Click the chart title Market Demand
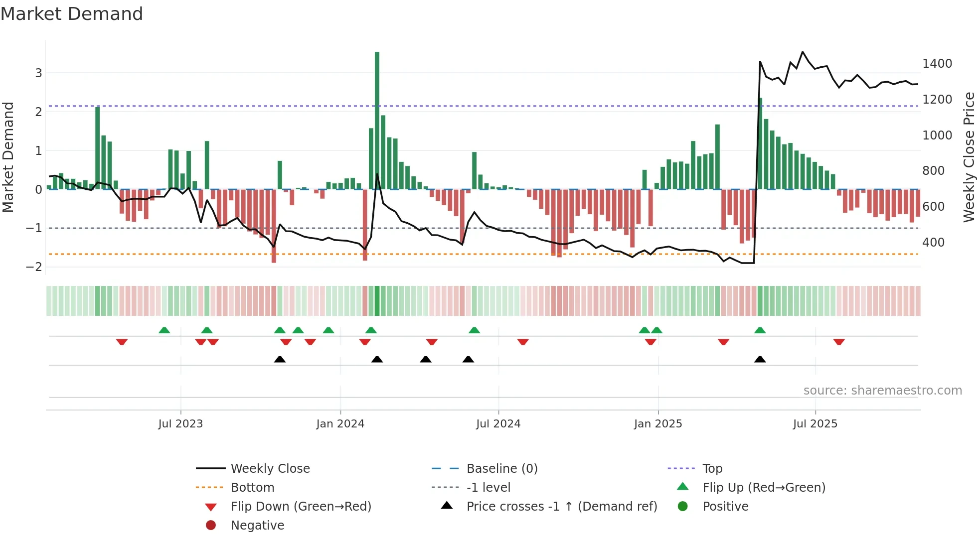point(72,14)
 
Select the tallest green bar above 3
point(377,120)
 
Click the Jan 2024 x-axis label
point(340,424)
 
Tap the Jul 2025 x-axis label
point(815,424)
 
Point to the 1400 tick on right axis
point(937,64)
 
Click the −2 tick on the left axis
point(34,267)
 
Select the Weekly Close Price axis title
point(969,157)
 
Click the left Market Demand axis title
point(8,157)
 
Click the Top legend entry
point(712,469)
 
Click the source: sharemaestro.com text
point(882,391)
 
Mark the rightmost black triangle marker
point(760,359)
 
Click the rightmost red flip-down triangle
point(839,342)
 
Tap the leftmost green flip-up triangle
point(164,330)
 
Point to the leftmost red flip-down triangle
point(122,342)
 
